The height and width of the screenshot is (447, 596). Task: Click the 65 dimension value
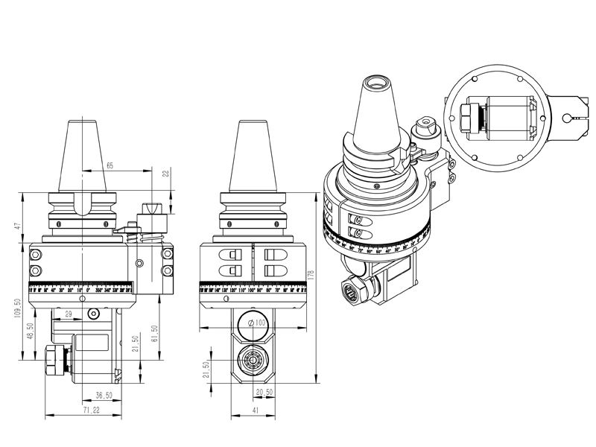pos(110,165)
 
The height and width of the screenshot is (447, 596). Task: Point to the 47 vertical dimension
pos(16,221)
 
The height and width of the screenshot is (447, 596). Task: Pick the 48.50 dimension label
pos(29,331)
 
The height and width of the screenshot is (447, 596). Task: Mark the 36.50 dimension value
pos(104,396)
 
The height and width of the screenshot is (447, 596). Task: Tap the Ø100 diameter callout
pos(256,323)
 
